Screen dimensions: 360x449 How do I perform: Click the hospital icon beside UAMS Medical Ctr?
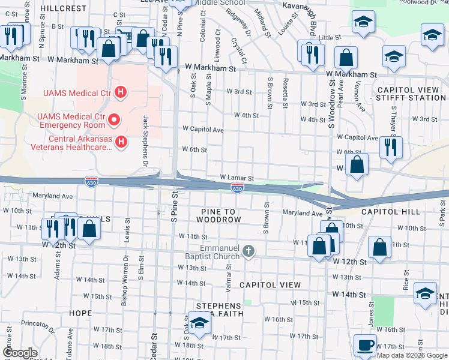pos(121,92)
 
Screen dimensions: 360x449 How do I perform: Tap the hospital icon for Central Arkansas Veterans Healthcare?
pos(121,142)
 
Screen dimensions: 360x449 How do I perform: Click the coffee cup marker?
pos(365,346)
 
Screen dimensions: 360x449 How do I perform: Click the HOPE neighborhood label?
pos(80,313)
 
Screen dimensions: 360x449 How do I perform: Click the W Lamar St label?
pos(237,178)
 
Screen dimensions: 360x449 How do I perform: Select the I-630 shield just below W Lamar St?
pos(238,188)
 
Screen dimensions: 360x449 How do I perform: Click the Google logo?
pos(20,353)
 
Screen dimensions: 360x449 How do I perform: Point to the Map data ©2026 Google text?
pos(412,355)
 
